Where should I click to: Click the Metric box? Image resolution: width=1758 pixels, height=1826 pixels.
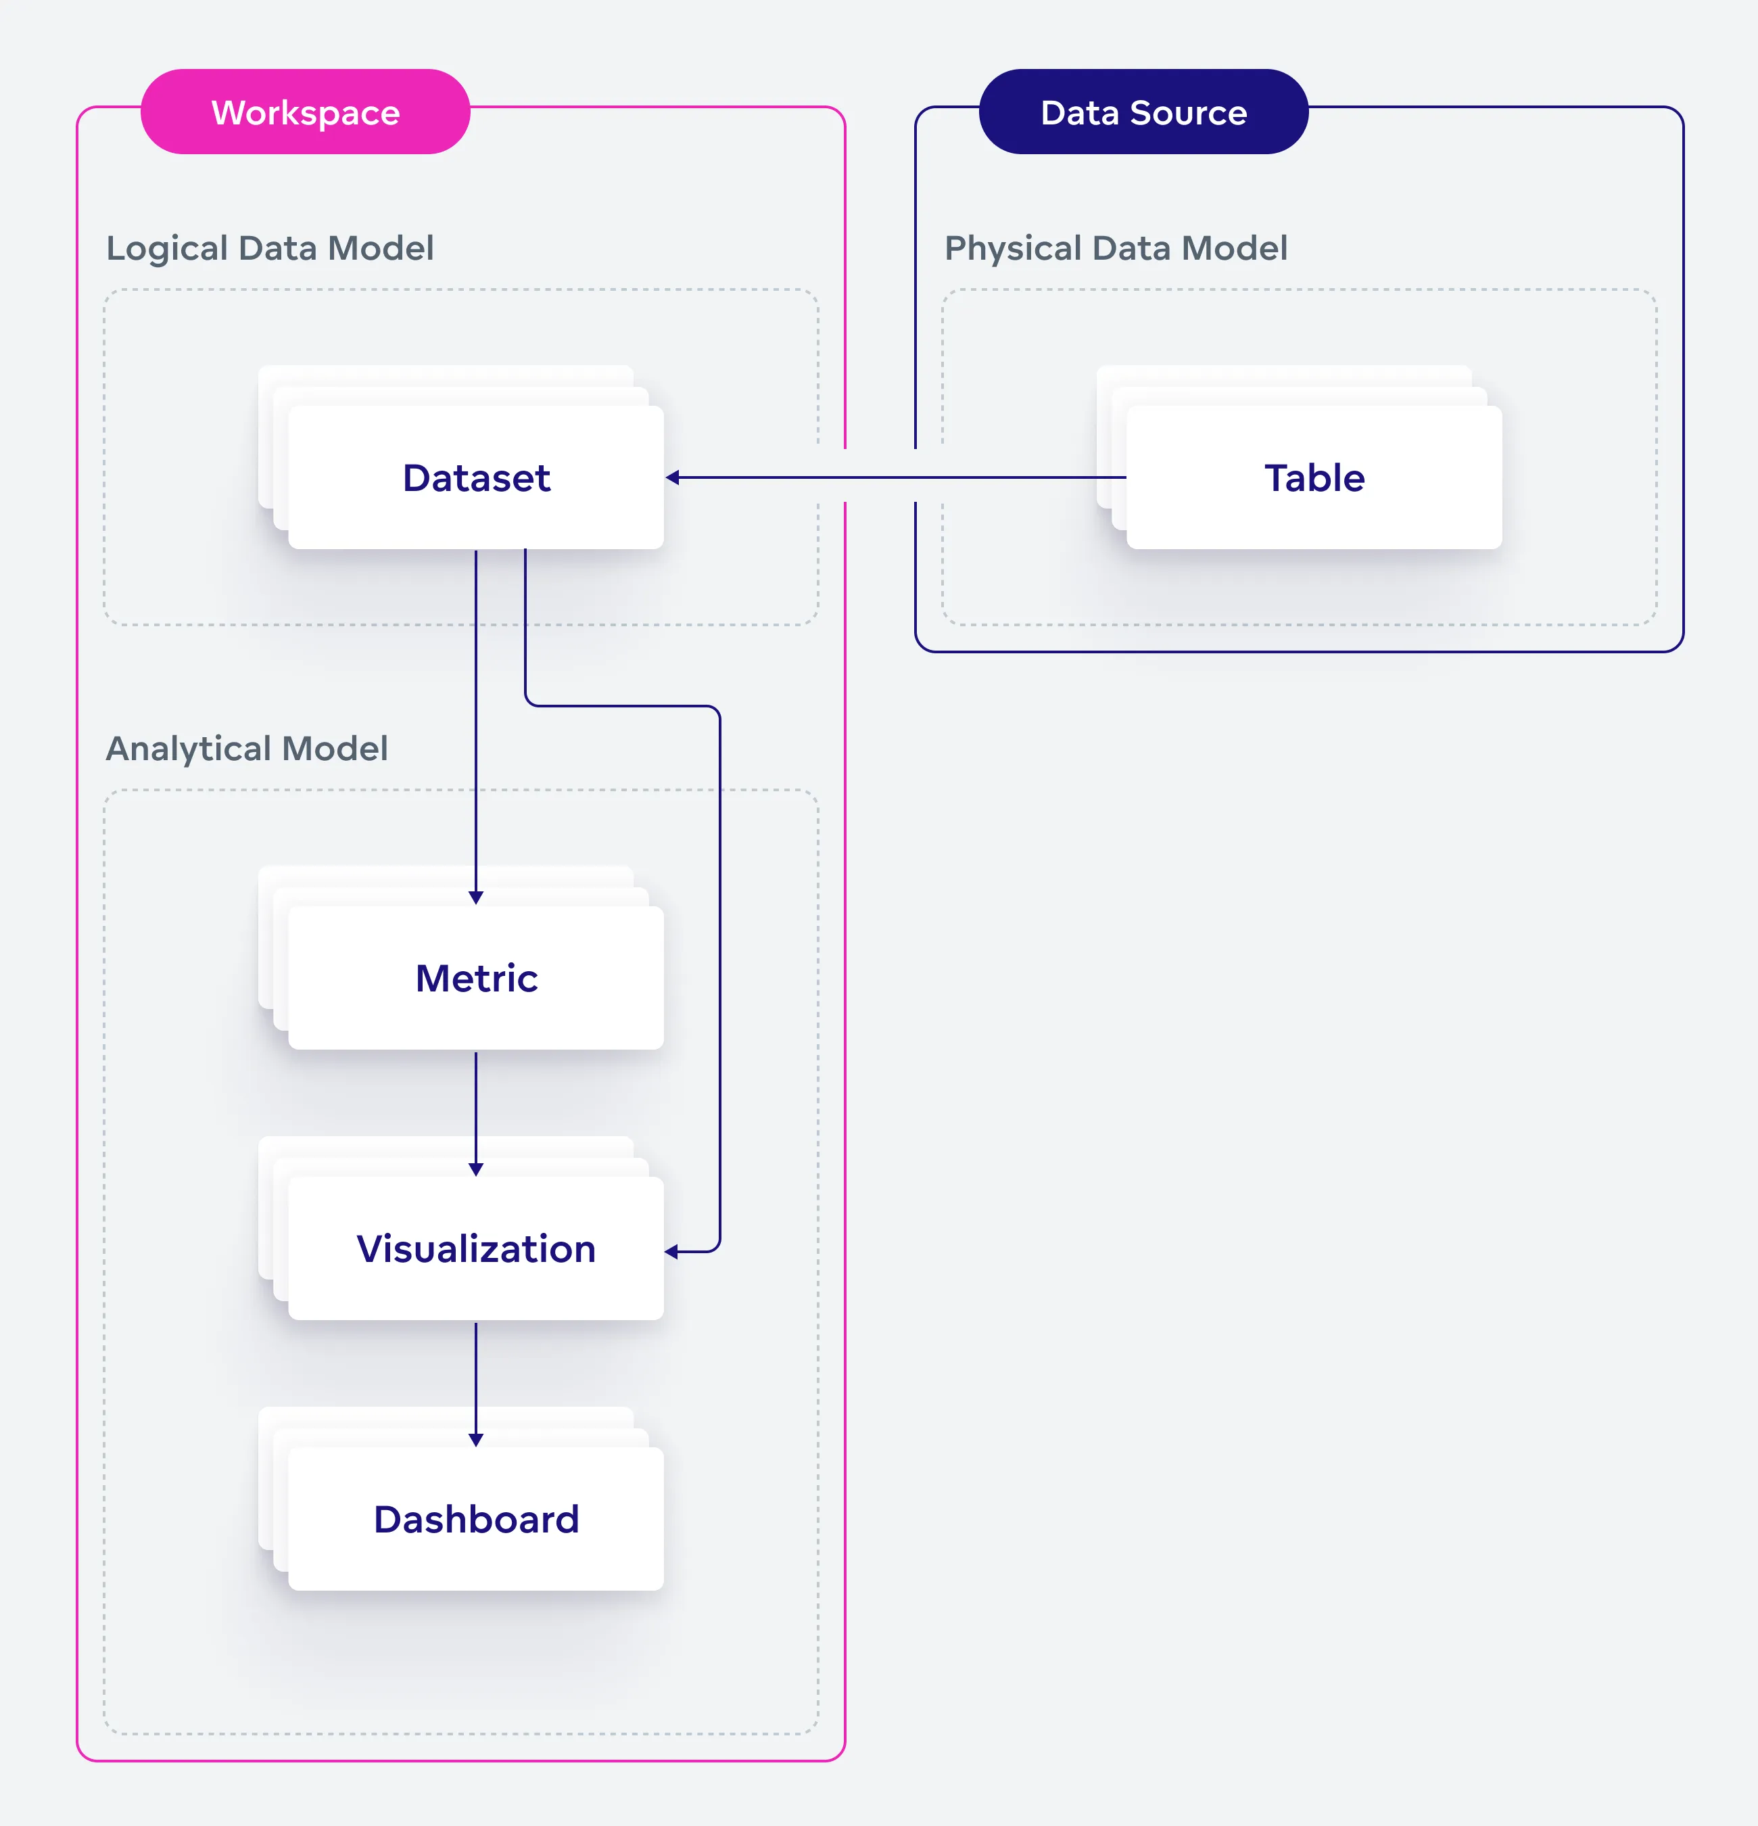pos(476,978)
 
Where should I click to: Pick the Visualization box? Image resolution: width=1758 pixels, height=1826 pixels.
pos(476,1248)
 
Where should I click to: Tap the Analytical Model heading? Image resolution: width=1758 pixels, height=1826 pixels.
pos(246,748)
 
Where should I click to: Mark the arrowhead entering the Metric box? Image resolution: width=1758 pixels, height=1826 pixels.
pos(476,897)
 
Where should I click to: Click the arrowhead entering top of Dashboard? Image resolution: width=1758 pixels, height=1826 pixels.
pos(476,1439)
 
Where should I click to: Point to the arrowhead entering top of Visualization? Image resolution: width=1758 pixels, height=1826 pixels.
pos(476,1169)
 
